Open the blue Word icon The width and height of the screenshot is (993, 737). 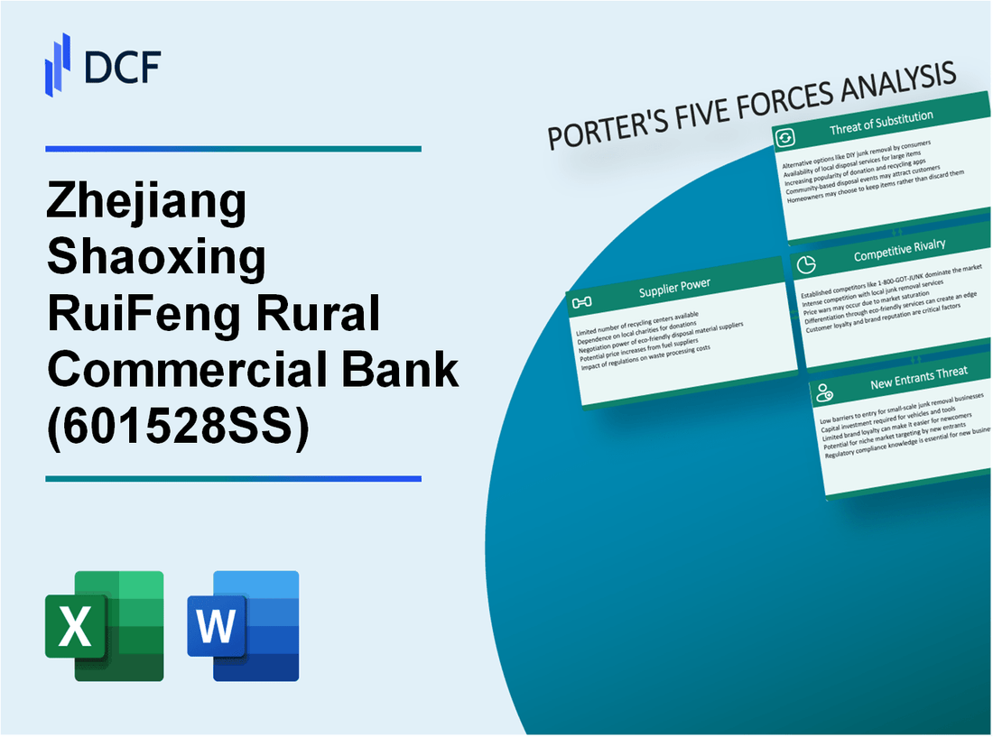[244, 625]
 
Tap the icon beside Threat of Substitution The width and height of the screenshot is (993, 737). [784, 138]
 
